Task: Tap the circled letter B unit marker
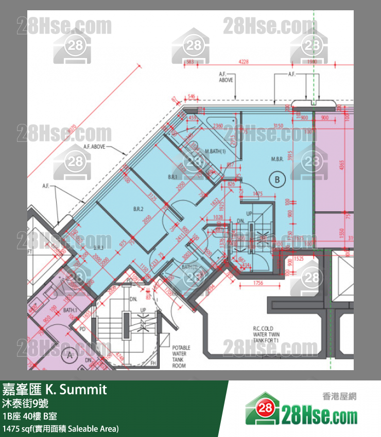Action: click(277, 179)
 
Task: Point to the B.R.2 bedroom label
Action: click(138, 209)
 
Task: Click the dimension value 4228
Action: click(244, 62)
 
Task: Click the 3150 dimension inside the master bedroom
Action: click(279, 126)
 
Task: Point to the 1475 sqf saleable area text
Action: click(60, 428)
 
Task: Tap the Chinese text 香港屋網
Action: click(339, 396)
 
